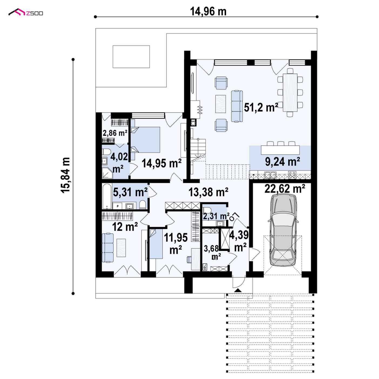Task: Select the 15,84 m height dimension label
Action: pos(65,175)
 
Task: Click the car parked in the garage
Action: pos(283,230)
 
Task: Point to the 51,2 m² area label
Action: pos(261,108)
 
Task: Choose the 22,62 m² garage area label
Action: pos(285,189)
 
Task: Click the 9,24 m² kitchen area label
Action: pos(283,162)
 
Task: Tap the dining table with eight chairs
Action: pos(290,92)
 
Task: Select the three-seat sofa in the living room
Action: pos(237,106)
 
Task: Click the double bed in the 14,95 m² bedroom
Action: pos(145,140)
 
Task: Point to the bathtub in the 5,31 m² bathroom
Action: pos(107,196)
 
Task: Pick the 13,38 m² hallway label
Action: pos(208,192)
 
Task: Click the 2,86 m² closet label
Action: pos(115,133)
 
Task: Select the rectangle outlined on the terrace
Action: pos(131,57)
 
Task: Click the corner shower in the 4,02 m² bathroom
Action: pos(107,173)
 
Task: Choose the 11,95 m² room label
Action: pos(176,244)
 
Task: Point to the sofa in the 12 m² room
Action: pos(108,248)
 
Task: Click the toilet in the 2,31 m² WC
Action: pos(207,210)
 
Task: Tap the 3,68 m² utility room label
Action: pos(211,252)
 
